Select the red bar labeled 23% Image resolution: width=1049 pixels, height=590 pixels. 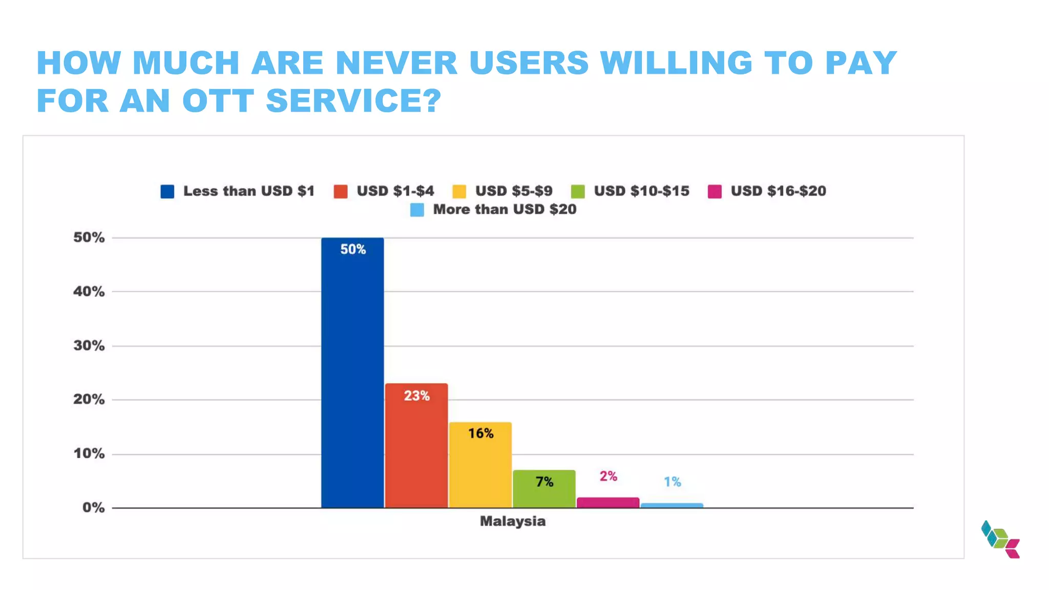tap(416, 446)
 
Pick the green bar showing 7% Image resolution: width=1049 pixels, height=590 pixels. tap(544, 489)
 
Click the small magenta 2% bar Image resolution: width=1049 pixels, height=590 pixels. tap(608, 502)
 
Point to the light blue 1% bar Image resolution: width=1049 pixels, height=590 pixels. tap(672, 505)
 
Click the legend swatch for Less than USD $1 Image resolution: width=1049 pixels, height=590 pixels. tap(167, 192)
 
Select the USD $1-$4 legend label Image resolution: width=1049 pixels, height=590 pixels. tap(395, 191)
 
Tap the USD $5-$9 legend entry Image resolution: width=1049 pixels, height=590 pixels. tap(513, 191)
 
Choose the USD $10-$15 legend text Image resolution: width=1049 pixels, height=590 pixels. tap(641, 191)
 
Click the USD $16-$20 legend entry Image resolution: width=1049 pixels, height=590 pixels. tap(778, 191)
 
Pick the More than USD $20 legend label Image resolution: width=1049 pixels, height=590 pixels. tap(505, 209)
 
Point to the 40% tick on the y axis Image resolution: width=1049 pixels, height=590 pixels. tap(89, 291)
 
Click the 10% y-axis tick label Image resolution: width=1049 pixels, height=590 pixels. tap(89, 454)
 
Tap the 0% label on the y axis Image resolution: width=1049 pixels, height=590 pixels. tap(93, 508)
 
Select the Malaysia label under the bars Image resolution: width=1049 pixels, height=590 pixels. tap(512, 521)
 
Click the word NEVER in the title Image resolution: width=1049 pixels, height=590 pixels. tap(396, 63)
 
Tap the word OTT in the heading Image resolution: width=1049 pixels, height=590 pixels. tap(218, 100)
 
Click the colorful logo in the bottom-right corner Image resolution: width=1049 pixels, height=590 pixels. tap(1000, 539)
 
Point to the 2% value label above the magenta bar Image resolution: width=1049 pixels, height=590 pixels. tap(609, 476)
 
